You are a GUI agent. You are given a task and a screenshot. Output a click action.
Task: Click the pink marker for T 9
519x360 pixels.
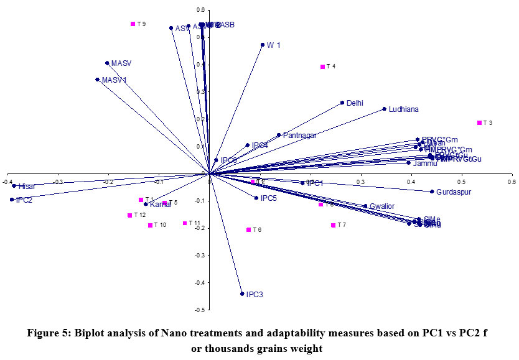pos(133,24)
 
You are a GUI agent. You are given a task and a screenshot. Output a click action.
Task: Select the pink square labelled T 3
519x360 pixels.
pos(479,123)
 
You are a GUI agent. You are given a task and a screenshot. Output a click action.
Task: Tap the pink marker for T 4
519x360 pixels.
pos(322,67)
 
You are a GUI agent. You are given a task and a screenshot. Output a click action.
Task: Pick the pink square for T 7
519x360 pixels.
pos(333,225)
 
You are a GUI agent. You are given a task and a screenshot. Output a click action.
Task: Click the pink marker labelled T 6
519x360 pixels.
pos(248,230)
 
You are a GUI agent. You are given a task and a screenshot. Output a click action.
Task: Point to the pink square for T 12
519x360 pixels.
pos(129,216)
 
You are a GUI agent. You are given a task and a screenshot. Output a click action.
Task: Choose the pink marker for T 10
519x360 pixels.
pos(150,225)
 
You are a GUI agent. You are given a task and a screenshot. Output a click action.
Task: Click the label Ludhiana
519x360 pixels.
pos(403,109)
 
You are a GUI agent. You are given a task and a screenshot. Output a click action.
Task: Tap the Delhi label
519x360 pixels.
pos(355,103)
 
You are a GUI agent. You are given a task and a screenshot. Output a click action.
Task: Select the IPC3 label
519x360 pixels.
pos(255,294)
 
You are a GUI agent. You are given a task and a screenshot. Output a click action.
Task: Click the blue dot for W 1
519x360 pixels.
pos(262,45)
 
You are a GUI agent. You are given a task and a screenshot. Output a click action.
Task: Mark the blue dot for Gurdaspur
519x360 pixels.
pos(431,192)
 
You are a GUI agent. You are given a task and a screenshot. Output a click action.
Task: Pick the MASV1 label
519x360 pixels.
pos(115,80)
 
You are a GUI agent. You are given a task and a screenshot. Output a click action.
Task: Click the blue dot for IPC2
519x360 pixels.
pos(12,200)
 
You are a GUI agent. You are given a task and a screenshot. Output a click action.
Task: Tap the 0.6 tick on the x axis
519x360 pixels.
pos(511,182)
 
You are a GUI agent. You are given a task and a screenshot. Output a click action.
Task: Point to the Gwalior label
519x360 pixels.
pos(382,206)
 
